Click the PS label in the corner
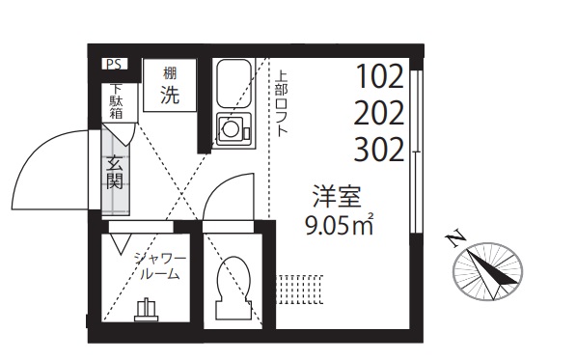click(115, 66)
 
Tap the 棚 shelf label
click(170, 73)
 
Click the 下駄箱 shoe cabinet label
click(115, 101)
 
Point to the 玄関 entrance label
click(116, 172)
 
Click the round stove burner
click(232, 128)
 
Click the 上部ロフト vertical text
click(281, 102)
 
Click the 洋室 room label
click(335, 199)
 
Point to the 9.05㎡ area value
click(338, 228)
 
